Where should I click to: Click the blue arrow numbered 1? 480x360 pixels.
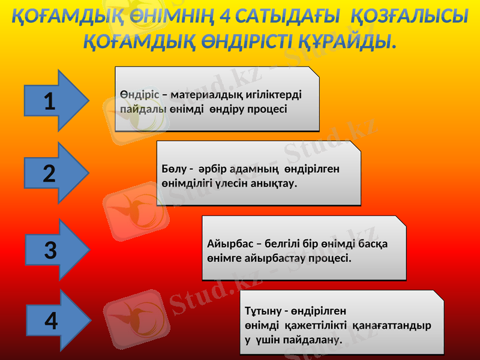pos(53,101)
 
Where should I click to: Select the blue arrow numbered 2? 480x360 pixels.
pos(53,173)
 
